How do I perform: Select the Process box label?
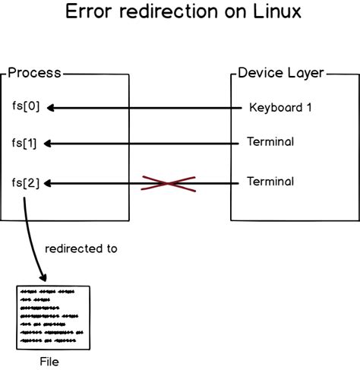point(34,74)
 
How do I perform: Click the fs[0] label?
point(26,107)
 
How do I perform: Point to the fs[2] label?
point(26,182)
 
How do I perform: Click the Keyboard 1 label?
point(280,107)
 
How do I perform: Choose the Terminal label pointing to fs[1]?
point(270,142)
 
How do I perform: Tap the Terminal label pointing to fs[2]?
point(270,182)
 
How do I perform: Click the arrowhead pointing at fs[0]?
point(52,108)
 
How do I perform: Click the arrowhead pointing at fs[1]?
point(52,143)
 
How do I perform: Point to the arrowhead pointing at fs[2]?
point(52,183)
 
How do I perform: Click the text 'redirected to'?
point(81,248)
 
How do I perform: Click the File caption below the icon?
point(49,362)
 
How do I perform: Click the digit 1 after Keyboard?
point(308,107)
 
